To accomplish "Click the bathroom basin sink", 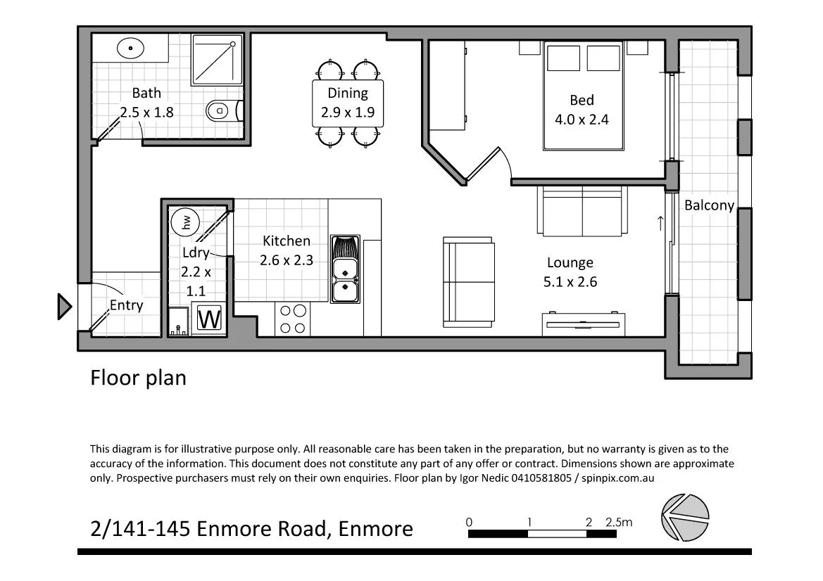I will [x=130, y=49].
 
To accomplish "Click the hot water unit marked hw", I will [x=185, y=222].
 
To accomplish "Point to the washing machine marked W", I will [x=209, y=319].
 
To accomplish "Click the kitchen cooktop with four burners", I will [x=293, y=319].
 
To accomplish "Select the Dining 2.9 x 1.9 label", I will [x=347, y=102].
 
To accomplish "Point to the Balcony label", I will [x=709, y=205].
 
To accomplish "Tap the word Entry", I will [x=126, y=305].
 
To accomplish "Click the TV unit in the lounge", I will [x=584, y=324].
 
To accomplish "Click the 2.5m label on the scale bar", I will [x=619, y=522].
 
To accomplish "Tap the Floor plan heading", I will [x=138, y=378].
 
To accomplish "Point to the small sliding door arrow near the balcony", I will [x=660, y=224].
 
